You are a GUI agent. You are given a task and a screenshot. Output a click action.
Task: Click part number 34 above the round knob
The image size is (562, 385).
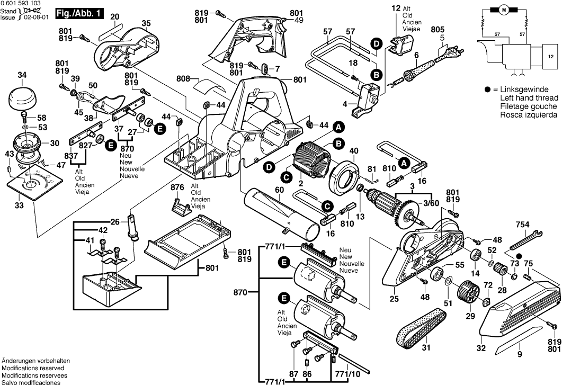[x=22, y=76]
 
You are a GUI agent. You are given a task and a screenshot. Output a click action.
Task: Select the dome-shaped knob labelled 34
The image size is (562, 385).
[x=22, y=99]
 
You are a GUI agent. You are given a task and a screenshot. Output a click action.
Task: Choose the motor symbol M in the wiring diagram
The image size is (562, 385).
[x=504, y=10]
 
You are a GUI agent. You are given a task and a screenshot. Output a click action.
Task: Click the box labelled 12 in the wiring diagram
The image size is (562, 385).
[x=550, y=56]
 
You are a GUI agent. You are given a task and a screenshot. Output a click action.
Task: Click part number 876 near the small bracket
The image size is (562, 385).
[x=177, y=188]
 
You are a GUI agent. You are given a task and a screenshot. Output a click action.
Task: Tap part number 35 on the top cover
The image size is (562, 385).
[x=146, y=23]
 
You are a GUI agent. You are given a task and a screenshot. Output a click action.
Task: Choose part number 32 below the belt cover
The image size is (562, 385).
[x=481, y=348]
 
